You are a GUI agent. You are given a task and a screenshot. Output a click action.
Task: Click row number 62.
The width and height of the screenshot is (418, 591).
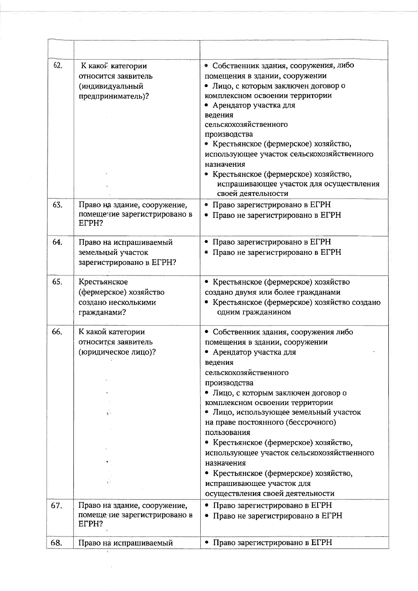coord(57,65)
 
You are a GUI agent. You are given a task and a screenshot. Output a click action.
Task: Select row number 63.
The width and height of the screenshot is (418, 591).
coord(57,205)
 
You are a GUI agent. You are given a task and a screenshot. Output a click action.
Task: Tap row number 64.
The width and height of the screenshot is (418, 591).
coord(57,242)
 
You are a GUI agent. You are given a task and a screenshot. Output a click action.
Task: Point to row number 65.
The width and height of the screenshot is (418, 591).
coord(57,282)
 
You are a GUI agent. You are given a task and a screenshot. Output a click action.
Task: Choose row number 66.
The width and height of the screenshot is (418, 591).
coord(57,332)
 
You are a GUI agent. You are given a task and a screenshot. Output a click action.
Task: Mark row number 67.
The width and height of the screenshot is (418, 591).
coord(57,506)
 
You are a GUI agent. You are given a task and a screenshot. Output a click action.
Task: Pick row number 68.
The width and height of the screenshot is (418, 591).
coord(57,543)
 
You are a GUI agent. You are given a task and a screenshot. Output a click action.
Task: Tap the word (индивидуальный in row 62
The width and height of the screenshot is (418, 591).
coord(111,86)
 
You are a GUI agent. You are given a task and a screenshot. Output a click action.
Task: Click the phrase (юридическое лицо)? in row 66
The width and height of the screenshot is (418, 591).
coord(117,352)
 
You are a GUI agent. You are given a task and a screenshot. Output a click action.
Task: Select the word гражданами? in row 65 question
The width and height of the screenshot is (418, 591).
coord(102,312)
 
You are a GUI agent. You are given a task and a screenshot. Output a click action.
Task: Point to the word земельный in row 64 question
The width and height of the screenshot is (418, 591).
coord(99,252)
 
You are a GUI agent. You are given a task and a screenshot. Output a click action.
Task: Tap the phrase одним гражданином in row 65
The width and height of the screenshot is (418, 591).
coord(254,312)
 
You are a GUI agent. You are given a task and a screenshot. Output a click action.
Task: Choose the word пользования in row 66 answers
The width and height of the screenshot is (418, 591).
coord(227,433)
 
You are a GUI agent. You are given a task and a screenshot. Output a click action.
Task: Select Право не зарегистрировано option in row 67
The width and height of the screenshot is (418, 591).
coord(277,515)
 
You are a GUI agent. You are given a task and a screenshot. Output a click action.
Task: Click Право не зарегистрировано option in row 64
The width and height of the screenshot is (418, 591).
coord(277,252)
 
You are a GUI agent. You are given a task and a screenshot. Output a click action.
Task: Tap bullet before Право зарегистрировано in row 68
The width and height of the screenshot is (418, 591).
coord(207,543)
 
